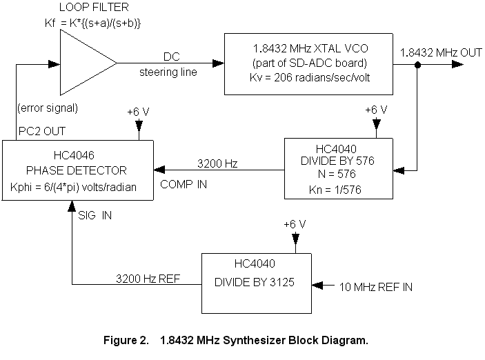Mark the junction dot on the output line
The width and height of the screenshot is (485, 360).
point(418,65)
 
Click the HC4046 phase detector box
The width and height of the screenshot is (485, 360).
point(77,170)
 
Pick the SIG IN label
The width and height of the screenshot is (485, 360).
point(97,215)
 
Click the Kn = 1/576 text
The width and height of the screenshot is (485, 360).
point(339,186)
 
